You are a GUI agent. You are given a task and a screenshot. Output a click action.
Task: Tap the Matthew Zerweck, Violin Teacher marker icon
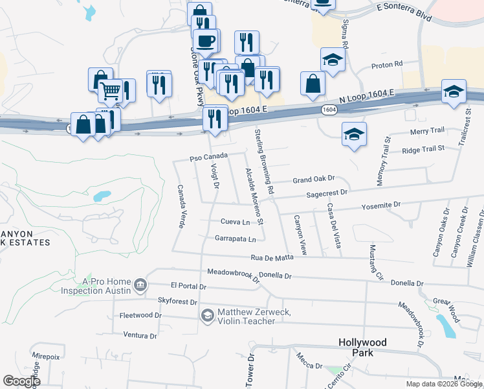(208, 316)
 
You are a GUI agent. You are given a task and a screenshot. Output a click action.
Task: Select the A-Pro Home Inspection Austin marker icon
(140, 285)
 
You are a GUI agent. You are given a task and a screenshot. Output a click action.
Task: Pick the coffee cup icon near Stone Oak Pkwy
(206, 41)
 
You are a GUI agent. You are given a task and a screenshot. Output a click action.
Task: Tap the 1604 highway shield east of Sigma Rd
(329, 110)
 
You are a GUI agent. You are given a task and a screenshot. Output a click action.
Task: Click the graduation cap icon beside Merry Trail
(354, 134)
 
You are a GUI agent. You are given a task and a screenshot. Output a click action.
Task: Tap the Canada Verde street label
(181, 206)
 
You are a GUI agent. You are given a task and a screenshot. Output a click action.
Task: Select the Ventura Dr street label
(140, 336)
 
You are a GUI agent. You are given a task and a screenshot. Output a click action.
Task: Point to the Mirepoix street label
(46, 356)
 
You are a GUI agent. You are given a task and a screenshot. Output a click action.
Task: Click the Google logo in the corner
(21, 381)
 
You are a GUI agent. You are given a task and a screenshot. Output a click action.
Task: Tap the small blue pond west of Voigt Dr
(102, 196)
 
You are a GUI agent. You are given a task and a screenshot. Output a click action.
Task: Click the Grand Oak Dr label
(313, 178)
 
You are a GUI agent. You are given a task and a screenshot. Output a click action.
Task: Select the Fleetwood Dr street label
(140, 315)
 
